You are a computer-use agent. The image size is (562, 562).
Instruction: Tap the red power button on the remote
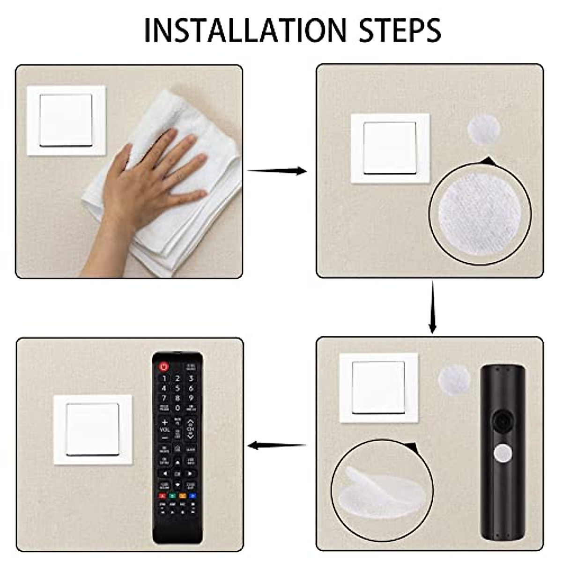[x=164, y=367]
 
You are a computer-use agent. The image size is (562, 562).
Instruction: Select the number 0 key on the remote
[x=177, y=408]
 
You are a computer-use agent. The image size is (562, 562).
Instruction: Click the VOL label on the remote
[x=164, y=429]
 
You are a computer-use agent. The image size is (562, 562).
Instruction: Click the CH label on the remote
[x=191, y=429]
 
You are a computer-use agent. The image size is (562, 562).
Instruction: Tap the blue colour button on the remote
[x=192, y=495]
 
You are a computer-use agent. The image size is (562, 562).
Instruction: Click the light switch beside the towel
[x=66, y=120]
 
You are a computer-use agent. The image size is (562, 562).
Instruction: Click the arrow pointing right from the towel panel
[x=277, y=171]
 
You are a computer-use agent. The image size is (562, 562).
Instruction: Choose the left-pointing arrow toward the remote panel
[x=277, y=445]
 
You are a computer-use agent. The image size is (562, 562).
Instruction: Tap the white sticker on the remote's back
[x=503, y=453]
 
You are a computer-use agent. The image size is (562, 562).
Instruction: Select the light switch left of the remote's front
[x=93, y=429]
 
